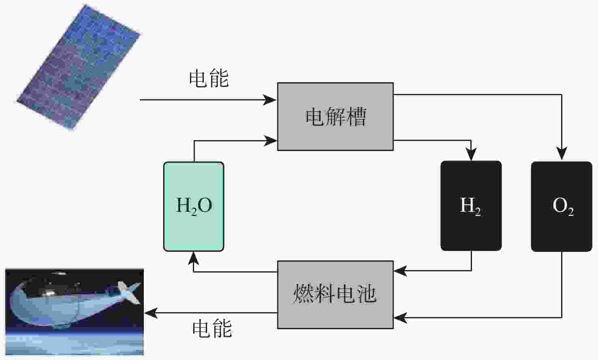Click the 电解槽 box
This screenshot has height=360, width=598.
coord(335,117)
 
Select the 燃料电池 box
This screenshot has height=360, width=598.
coord(335,294)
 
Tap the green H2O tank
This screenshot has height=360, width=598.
coord(194,207)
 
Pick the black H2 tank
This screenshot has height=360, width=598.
coord(471,206)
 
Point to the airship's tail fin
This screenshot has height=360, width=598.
coord(129,292)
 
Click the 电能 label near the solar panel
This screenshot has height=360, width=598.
coord(209,78)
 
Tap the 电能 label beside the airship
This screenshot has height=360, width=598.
coord(212,328)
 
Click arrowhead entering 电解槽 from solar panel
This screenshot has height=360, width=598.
coord(271,100)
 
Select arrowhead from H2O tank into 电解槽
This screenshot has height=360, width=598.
coord(271,141)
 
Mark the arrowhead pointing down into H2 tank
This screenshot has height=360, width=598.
coord(471,155)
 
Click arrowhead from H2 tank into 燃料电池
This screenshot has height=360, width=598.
coord(400,271)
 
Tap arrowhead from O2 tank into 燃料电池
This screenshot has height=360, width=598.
coord(400,317)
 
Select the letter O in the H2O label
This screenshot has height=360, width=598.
coord(205,205)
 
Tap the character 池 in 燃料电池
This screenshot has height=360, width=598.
coord(366,294)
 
